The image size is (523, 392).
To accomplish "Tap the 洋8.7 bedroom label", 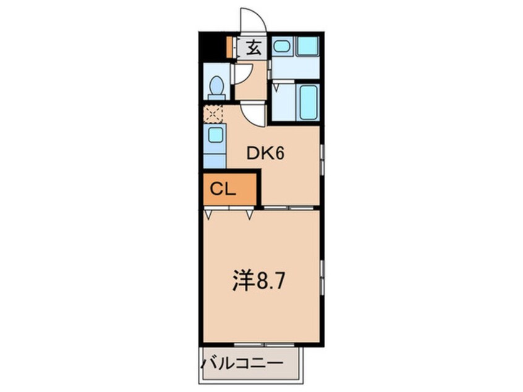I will point(258,282).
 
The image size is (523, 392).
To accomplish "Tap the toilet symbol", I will point(216,87).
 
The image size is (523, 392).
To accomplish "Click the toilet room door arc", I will point(240,74).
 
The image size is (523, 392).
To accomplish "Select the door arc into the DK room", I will point(253,115).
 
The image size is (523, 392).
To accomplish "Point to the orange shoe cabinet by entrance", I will point(229,48).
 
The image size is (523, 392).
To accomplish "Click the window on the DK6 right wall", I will point(322,160).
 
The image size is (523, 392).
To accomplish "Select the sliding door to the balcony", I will point(259,344).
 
